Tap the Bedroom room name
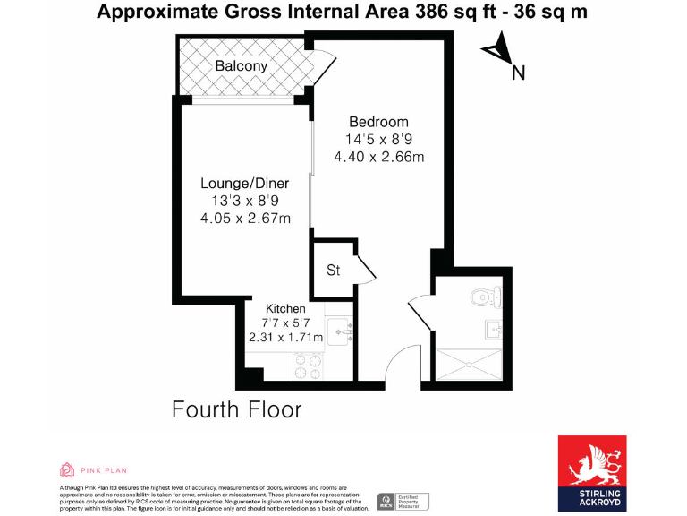coord(378,122)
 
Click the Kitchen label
coord(285,308)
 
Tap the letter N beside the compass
coord(517,73)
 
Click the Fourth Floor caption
coord(236,410)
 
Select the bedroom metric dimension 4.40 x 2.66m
coord(378,157)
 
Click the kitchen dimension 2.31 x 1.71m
coord(285,338)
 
